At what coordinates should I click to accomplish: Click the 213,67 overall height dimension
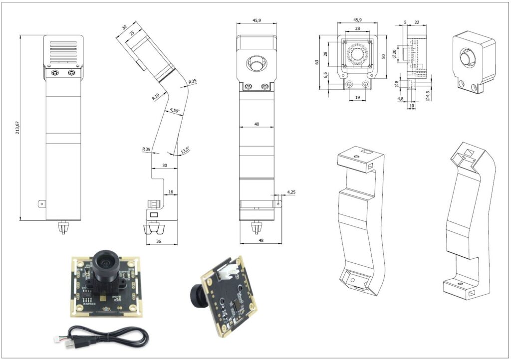[17, 127]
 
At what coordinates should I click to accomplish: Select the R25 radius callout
[193, 81]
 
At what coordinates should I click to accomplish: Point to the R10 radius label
[156, 97]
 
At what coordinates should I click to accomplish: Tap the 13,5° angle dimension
[185, 151]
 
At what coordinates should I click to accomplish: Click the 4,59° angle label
[174, 110]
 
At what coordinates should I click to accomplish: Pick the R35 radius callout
[146, 150]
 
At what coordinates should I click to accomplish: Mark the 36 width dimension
[159, 241]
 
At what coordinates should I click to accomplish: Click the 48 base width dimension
[260, 240]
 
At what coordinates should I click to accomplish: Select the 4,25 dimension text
[291, 192]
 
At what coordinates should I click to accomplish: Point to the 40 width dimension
[256, 124]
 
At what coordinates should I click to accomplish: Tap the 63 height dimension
[317, 62]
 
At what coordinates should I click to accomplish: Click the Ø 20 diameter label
[394, 54]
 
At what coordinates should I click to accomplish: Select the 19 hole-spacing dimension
[357, 97]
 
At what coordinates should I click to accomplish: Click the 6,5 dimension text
[325, 76]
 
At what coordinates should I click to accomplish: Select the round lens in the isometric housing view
[467, 58]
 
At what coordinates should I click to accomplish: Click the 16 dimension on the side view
[171, 192]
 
